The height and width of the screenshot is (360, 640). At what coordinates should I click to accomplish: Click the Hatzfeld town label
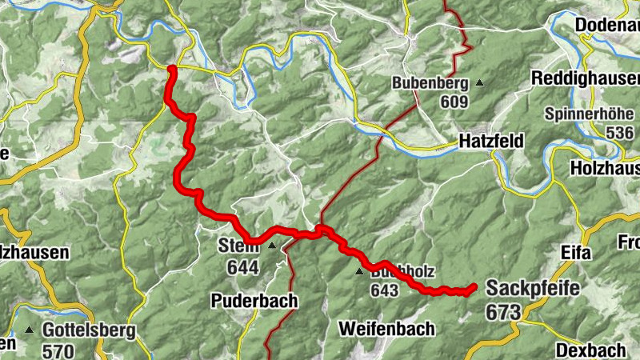coord(491,142)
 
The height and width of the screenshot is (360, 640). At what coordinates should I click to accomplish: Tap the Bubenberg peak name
coord(429,82)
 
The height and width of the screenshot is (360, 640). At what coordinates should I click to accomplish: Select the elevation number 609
coord(452,102)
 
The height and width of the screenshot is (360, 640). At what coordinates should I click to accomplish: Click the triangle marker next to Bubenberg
coord(479,82)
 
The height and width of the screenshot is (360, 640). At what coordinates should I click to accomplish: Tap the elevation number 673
coord(502,313)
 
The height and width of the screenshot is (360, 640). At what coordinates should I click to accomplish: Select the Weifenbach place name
coord(386,328)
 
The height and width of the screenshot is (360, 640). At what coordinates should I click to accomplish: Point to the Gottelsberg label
coord(90,330)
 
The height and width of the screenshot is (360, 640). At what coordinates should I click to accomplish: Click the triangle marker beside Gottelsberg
coord(30,330)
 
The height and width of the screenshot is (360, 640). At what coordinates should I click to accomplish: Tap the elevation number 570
coord(58,350)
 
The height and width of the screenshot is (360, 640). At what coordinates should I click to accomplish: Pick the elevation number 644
coord(243,268)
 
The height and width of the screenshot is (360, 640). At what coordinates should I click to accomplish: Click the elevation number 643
coord(384,290)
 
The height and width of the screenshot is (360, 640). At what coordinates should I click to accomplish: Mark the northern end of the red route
coord(171,70)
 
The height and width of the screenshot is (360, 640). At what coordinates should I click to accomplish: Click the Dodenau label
coord(607,25)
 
